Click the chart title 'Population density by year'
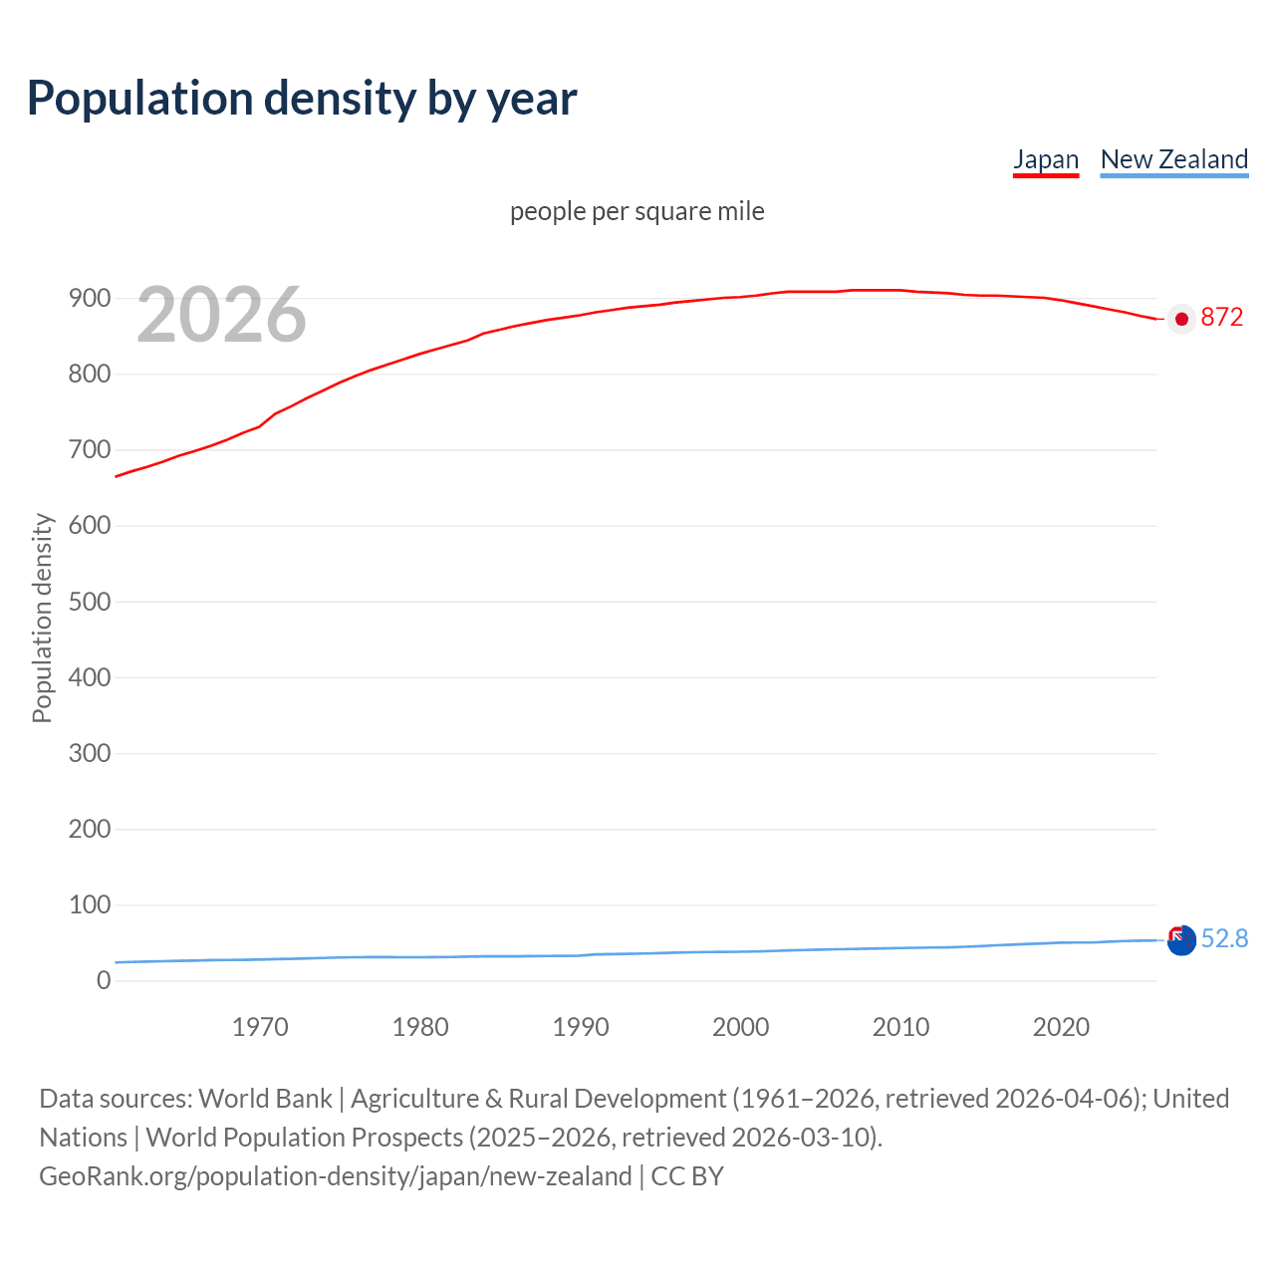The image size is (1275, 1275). coord(302,99)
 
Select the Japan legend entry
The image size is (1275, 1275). coord(1046,159)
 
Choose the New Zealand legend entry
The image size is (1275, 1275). coord(1173,159)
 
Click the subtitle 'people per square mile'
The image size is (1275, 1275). coord(637,212)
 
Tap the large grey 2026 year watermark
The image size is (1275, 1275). coord(221,315)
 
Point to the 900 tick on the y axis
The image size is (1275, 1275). coord(90,299)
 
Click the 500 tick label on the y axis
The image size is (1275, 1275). coord(90,602)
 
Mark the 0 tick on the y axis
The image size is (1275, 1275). coord(104,980)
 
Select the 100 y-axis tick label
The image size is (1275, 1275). coord(90,904)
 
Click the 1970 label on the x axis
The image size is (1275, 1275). coord(260,1027)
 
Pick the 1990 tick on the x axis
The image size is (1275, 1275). coord(581,1027)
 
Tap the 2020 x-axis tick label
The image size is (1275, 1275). coord(1061,1027)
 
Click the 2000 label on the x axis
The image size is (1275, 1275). coord(741,1027)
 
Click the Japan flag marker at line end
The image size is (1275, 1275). coord(1181,319)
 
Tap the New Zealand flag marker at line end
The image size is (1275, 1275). coord(1181,939)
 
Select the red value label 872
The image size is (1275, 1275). coord(1222,318)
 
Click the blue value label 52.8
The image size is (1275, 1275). coord(1224,939)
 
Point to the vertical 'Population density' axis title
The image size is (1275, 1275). coord(42,618)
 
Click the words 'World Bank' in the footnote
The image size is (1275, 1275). coord(265,1099)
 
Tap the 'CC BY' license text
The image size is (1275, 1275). coord(687,1176)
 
